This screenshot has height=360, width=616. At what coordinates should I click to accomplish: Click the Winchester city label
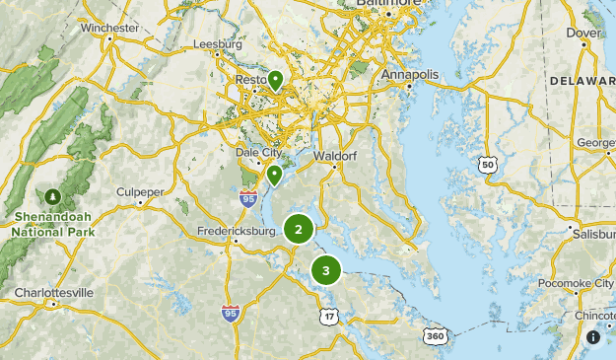[x=109, y=28]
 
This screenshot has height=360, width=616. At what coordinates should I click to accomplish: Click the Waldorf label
[x=334, y=156]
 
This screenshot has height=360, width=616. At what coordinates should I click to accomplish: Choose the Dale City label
[x=258, y=153]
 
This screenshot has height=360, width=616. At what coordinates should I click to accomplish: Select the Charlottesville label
[x=53, y=293]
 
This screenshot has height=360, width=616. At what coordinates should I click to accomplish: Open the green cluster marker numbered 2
[x=299, y=229]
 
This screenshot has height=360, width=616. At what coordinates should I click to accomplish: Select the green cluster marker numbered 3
[x=326, y=269]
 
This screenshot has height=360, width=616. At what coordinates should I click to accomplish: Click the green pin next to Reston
[x=276, y=80]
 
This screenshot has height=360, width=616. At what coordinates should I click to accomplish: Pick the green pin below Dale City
[x=274, y=176]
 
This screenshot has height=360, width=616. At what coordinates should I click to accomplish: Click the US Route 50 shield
[x=488, y=166]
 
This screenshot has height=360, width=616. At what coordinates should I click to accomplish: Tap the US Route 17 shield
[x=327, y=315]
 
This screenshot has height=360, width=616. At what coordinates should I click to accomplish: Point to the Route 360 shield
[x=435, y=335]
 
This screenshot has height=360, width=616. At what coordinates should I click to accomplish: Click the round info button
[x=593, y=337]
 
